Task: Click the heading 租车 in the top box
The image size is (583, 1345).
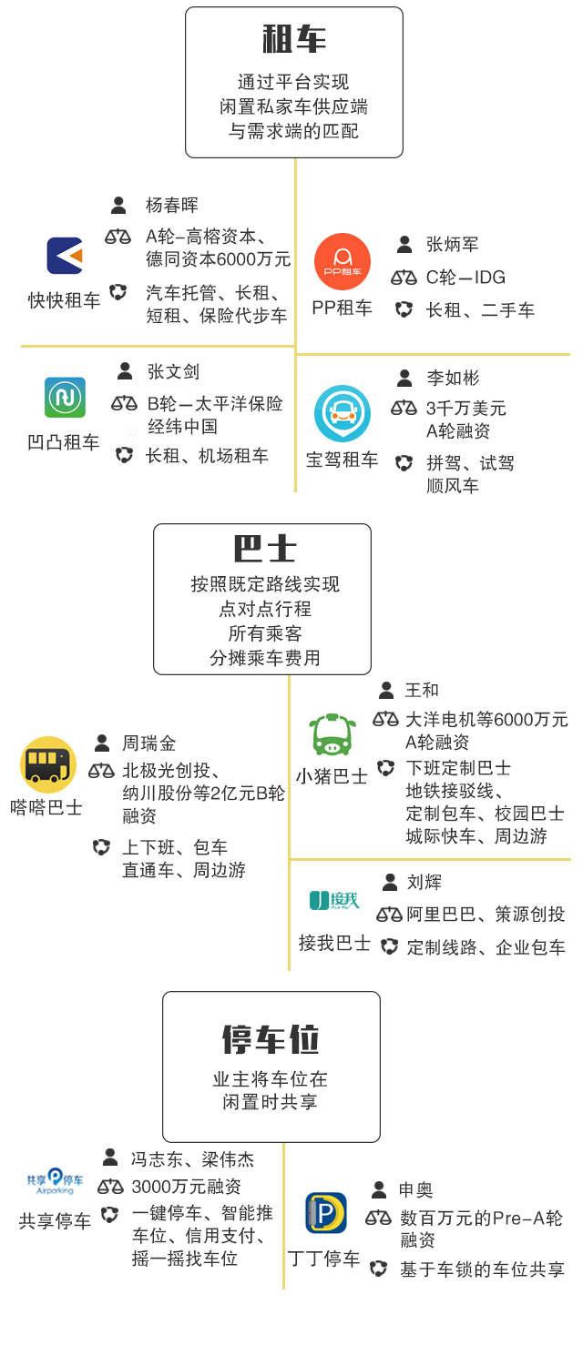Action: point(293,39)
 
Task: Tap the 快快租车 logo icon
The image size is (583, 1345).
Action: point(65,256)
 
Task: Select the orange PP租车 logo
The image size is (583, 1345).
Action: point(343,261)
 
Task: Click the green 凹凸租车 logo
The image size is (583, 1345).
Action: point(65,398)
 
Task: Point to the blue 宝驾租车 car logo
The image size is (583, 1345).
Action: point(343,413)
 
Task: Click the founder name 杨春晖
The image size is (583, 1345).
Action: point(172,206)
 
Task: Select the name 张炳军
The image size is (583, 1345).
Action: point(452,245)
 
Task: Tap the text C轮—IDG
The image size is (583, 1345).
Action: point(465,278)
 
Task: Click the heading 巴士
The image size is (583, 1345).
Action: point(264,549)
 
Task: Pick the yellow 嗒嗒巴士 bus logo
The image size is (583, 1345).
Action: point(48,764)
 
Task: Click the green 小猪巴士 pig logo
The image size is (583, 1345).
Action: point(330,734)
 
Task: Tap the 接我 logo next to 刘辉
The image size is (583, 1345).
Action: point(334,901)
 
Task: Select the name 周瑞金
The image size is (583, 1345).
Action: point(149,743)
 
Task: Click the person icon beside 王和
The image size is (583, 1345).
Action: point(386,691)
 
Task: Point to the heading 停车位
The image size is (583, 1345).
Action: point(271,1038)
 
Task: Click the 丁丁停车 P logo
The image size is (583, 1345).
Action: point(325,1213)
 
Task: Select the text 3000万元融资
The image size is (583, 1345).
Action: point(187,1187)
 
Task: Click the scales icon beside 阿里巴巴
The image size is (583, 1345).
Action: point(389,914)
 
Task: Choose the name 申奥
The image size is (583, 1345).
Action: point(415,1190)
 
